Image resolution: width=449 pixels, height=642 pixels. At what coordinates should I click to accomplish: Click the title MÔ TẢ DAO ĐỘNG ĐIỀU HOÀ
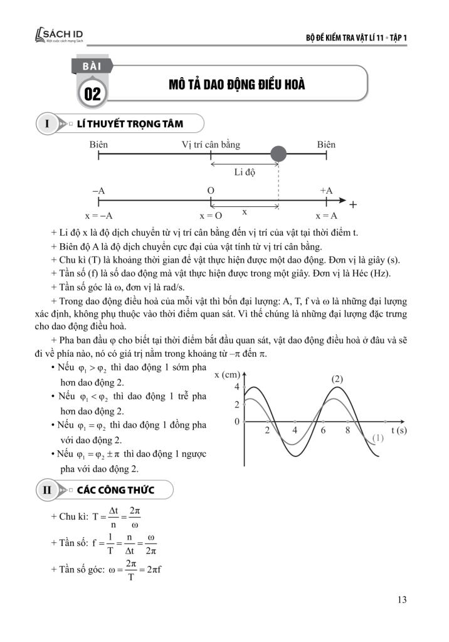tap(236, 85)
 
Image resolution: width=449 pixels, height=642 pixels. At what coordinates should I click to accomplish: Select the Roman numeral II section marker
tap(47, 490)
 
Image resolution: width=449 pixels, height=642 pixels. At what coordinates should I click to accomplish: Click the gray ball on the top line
tap(278, 154)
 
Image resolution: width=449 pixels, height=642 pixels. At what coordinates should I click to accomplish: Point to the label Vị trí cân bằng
tap(211, 145)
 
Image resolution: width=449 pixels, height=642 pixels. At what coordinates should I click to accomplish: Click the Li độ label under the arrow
tap(245, 173)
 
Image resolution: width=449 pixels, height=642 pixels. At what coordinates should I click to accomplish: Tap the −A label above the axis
tap(98, 191)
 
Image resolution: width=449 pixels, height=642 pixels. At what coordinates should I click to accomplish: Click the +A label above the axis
tap(326, 191)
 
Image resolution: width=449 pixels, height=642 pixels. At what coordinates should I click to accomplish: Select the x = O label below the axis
tap(211, 216)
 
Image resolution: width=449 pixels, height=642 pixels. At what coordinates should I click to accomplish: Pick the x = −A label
tap(98, 216)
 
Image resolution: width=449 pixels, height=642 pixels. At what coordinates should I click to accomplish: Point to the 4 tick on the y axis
tap(237, 387)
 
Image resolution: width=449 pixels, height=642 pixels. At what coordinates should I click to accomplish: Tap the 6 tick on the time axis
tap(323, 430)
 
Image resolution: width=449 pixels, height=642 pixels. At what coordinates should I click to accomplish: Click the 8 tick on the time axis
tap(347, 430)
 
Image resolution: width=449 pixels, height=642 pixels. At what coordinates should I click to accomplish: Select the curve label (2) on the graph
tap(337, 379)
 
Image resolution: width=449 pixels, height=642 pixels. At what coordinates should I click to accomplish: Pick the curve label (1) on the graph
tap(378, 438)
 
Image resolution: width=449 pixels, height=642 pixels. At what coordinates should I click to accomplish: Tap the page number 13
tap(402, 600)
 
